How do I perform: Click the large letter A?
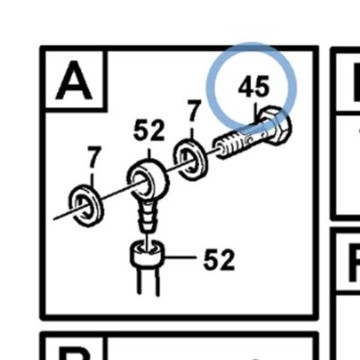(x=74, y=80)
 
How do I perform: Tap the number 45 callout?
(x=254, y=86)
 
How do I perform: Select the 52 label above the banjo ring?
(x=149, y=130)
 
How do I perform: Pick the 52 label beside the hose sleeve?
(x=219, y=259)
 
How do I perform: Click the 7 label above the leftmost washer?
(x=94, y=157)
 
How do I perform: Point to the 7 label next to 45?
(x=193, y=111)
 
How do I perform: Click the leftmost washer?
(x=86, y=206)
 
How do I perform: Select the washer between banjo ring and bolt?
(x=190, y=159)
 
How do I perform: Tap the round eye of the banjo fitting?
(x=148, y=178)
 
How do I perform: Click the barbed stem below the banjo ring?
(x=147, y=215)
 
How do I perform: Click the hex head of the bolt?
(x=275, y=124)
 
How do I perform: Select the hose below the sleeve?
(x=148, y=280)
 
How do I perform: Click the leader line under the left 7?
(x=92, y=180)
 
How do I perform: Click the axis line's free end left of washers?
(x=53, y=220)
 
